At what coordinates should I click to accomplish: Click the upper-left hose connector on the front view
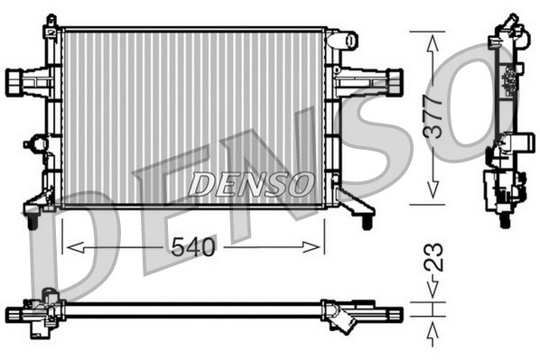tap(21, 82)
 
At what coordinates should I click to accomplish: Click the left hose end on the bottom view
tap(18, 313)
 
